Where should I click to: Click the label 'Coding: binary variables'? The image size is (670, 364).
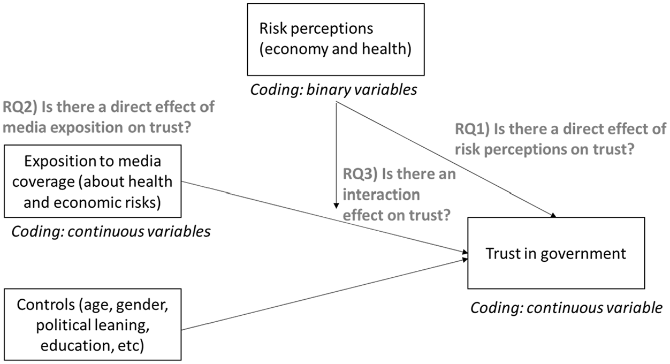click(x=333, y=90)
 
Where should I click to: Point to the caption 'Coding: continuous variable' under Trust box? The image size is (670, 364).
click(x=566, y=308)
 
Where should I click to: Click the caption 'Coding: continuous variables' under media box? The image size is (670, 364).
click(x=111, y=232)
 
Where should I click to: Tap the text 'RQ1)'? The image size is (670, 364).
click(x=472, y=129)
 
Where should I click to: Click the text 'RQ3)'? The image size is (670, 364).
click(x=360, y=174)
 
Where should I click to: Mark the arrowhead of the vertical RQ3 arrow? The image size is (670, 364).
click(x=336, y=206)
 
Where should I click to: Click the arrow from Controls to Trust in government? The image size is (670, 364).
click(x=324, y=294)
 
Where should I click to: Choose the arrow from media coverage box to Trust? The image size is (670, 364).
click(x=324, y=217)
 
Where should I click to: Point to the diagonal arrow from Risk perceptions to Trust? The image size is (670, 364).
click(x=446, y=160)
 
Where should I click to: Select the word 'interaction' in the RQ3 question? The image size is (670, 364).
click(x=382, y=195)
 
